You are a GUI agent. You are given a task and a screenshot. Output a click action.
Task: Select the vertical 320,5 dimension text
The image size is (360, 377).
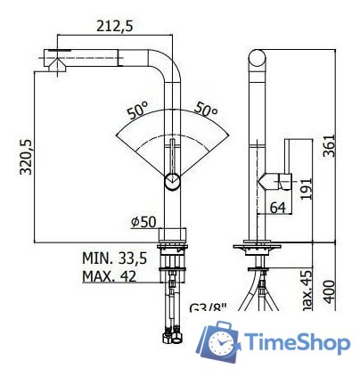[x=27, y=158]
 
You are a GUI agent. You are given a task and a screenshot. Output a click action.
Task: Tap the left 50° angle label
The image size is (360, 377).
[x=138, y=111]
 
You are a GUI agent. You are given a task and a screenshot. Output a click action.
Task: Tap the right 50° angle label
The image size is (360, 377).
[x=206, y=111]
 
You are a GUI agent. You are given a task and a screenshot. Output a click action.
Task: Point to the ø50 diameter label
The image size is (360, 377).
[x=144, y=220]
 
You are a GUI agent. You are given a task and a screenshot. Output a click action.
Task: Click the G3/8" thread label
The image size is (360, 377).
[x=209, y=309]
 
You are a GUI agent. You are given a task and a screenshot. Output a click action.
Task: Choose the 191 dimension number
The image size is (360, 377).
[x=307, y=186]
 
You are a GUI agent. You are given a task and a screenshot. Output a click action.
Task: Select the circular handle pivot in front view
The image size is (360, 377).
[x=172, y=182]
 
